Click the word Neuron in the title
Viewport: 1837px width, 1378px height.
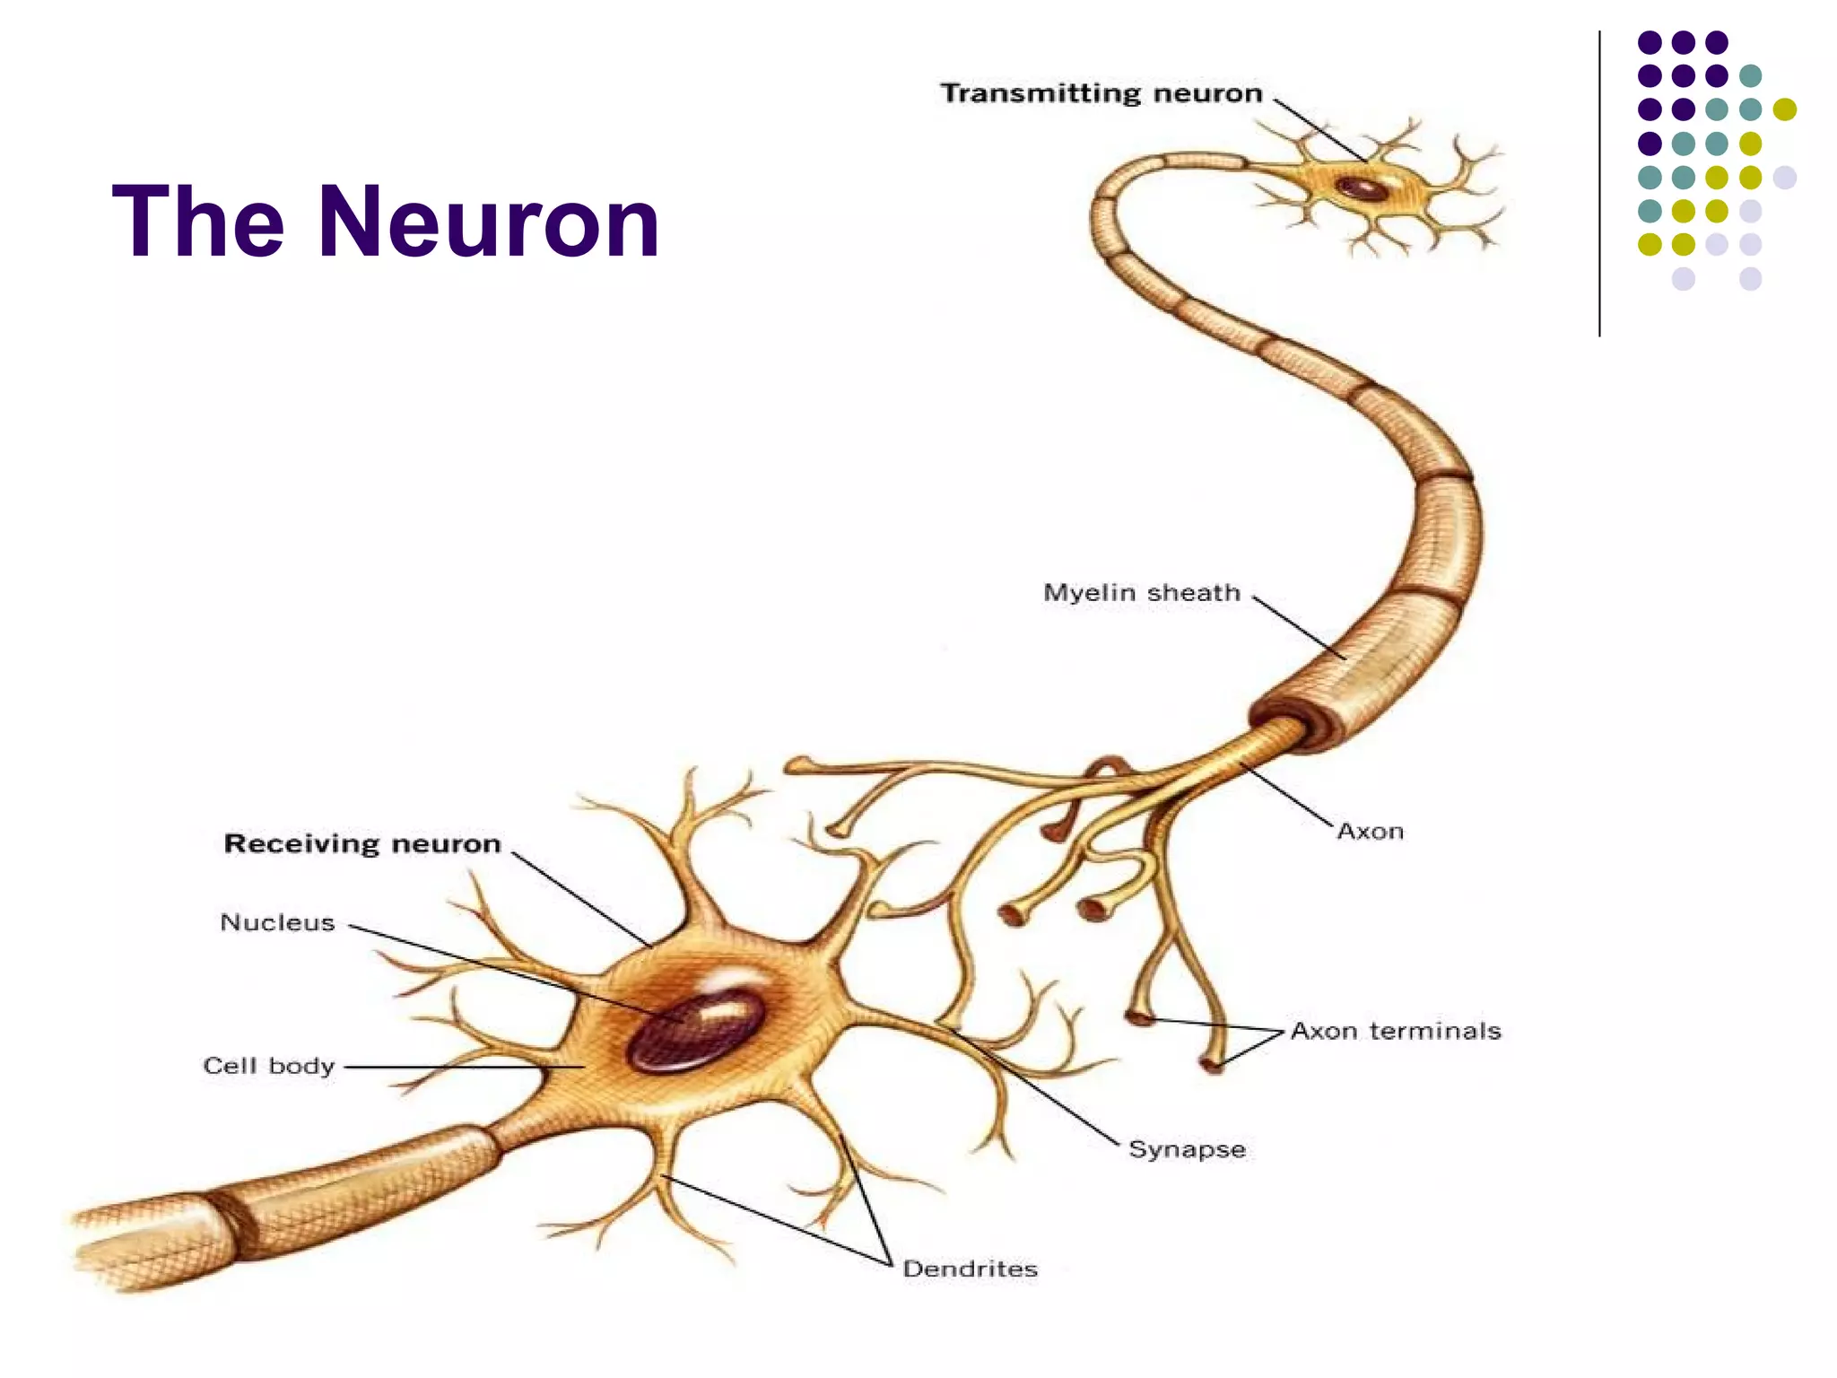point(489,222)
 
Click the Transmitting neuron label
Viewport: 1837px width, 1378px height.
point(1101,93)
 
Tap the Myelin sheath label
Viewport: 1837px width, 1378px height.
point(1141,593)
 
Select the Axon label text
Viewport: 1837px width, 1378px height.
point(1370,832)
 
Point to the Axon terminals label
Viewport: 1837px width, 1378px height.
point(1396,1031)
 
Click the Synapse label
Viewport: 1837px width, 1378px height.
point(1187,1149)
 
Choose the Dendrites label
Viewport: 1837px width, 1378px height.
point(970,1269)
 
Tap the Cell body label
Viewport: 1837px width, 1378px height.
point(268,1066)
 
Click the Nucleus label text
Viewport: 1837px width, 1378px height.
point(277,922)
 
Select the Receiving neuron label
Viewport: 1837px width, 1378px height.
point(361,843)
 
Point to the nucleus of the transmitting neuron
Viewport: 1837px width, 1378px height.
point(1362,188)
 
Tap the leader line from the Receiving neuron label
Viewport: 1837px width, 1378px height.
point(581,900)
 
